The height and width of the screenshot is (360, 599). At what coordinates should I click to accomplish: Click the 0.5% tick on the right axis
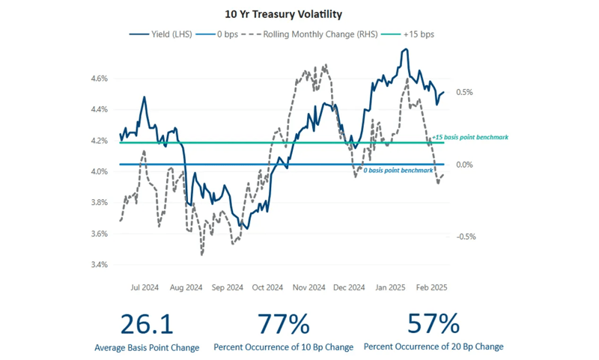click(463, 92)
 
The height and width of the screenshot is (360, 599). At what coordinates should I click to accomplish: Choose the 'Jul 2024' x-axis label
click(145, 287)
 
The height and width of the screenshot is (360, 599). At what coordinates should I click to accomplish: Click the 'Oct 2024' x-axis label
click(267, 287)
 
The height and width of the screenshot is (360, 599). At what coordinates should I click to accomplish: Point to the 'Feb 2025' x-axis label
click(431, 287)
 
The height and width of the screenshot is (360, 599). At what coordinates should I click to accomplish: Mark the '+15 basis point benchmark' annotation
click(470, 137)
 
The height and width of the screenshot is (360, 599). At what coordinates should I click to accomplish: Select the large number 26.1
click(147, 324)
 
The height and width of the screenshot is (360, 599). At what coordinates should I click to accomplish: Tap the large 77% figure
click(283, 324)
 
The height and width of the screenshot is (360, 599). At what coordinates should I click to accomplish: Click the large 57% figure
click(433, 324)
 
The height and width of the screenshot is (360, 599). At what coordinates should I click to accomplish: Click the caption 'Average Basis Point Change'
click(147, 347)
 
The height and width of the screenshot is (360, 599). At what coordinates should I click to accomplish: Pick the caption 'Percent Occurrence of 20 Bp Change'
click(433, 347)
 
